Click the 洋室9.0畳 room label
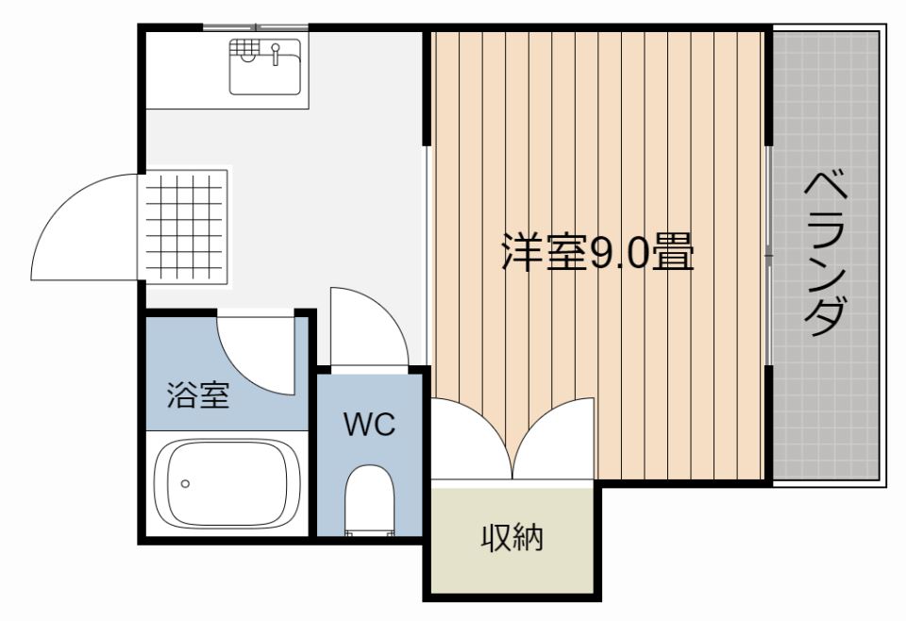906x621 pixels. tap(597, 252)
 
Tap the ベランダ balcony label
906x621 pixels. tap(826, 254)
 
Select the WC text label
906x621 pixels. tap(370, 425)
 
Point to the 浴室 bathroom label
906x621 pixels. tap(199, 395)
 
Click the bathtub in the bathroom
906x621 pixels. tap(227, 483)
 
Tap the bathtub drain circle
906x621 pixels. tap(185, 483)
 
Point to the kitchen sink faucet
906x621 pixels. tap(276, 53)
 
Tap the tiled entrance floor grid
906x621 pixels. tap(186, 227)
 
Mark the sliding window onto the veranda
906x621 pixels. tap(769, 254)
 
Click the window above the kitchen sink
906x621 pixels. tap(256, 26)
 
